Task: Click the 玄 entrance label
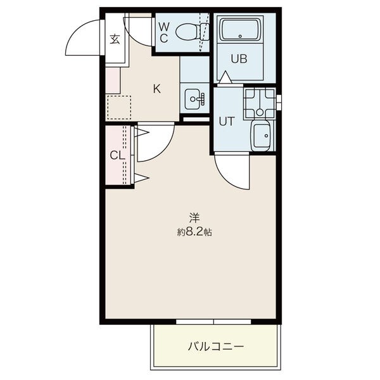(x=115, y=39)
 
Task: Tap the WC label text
(x=163, y=32)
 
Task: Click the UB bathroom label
(x=238, y=60)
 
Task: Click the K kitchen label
(x=156, y=88)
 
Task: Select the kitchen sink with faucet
(x=194, y=99)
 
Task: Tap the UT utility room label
(x=227, y=122)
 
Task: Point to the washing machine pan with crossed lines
(x=260, y=102)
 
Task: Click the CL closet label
(x=116, y=155)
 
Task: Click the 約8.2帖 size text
(x=194, y=232)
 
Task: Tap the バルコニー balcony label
(x=215, y=346)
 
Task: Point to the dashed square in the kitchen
(x=118, y=107)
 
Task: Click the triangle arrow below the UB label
(x=225, y=77)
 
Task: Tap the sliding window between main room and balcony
(x=213, y=322)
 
